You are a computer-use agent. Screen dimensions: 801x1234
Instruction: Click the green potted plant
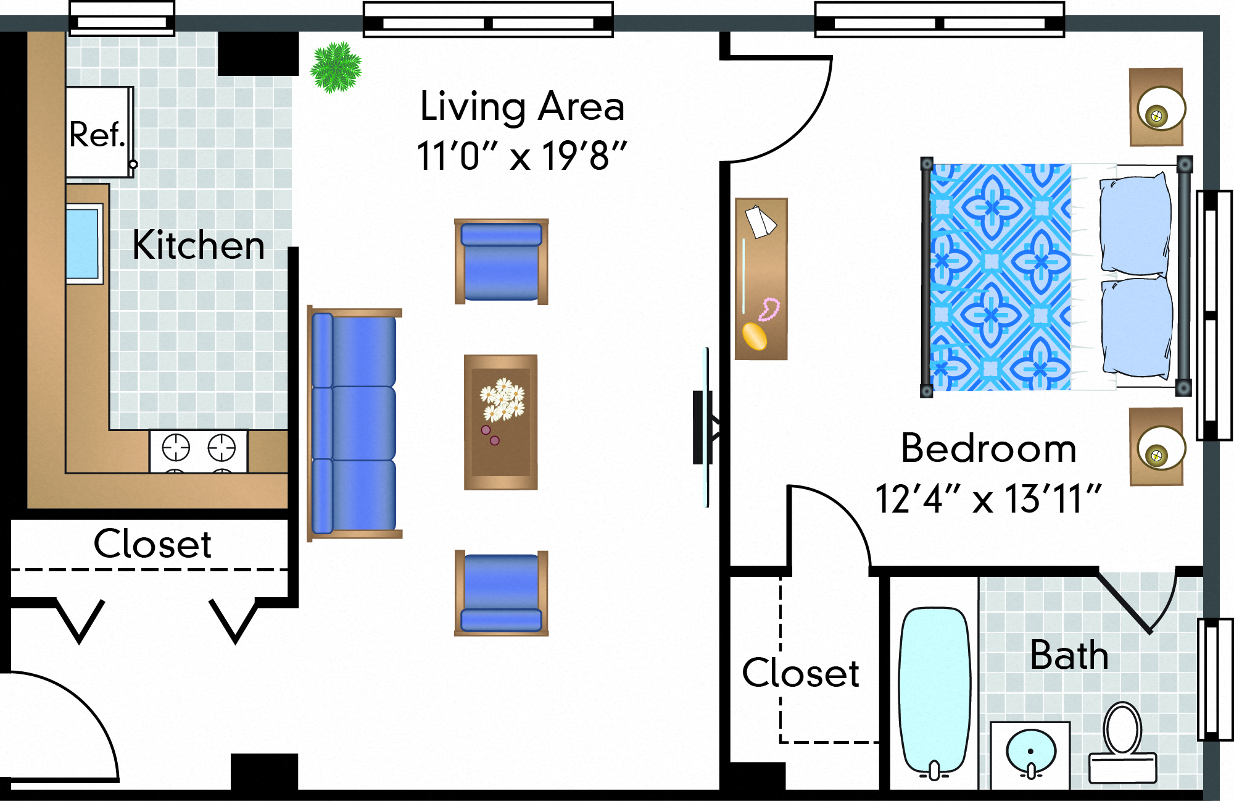[x=336, y=67]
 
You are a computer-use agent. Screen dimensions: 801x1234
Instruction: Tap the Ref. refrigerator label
[x=97, y=135]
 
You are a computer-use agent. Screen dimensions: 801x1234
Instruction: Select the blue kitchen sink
[x=83, y=244]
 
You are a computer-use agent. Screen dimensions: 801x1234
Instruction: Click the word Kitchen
[x=199, y=245]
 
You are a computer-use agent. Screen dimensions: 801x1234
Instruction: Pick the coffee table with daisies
[x=500, y=422]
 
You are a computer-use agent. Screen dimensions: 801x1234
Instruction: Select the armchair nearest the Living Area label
[x=501, y=261]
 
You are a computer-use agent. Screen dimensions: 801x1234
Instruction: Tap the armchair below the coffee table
[x=501, y=593]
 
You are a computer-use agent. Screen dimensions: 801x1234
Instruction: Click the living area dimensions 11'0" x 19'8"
[x=521, y=156]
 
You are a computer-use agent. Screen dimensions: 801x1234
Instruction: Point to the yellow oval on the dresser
[x=754, y=337]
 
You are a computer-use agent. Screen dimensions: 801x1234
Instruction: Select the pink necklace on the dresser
[x=769, y=309]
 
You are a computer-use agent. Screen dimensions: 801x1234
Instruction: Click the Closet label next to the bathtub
[x=800, y=673]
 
